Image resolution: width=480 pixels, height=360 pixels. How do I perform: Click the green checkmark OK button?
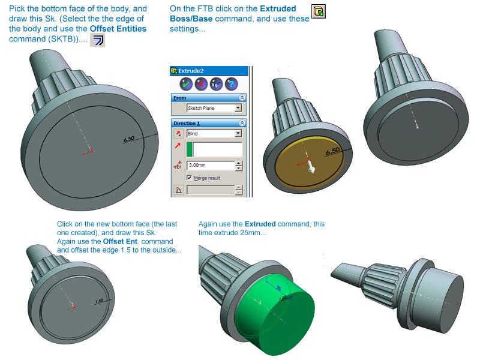click(x=186, y=84)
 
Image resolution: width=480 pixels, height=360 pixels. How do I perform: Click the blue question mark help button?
click(x=231, y=84)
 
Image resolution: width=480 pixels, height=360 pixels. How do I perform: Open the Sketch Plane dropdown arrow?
click(x=238, y=108)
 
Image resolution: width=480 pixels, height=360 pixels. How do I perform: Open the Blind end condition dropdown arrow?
click(x=238, y=133)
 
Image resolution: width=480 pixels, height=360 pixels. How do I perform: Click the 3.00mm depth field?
click(x=211, y=166)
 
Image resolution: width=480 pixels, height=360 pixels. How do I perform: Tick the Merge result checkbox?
click(x=189, y=178)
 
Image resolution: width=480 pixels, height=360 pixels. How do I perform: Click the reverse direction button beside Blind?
click(x=178, y=133)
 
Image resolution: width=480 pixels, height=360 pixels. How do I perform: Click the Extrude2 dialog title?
click(x=191, y=71)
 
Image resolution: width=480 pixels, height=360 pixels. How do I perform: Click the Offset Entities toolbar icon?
click(x=98, y=40)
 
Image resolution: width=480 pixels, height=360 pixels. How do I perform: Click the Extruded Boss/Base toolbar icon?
click(x=319, y=11)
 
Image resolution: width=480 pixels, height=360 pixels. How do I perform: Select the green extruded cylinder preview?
click(x=275, y=316)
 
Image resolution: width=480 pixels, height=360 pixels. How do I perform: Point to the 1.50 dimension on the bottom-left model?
click(x=99, y=301)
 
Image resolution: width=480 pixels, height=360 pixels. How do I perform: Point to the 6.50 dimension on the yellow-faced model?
click(x=333, y=151)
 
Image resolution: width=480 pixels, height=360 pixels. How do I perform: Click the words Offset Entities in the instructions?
click(x=118, y=29)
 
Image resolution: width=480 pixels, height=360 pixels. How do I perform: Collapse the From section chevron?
click(x=242, y=98)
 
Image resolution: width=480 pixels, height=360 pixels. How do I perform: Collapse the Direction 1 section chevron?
click(x=242, y=123)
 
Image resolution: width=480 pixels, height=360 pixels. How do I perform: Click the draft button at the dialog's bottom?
click(x=178, y=190)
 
